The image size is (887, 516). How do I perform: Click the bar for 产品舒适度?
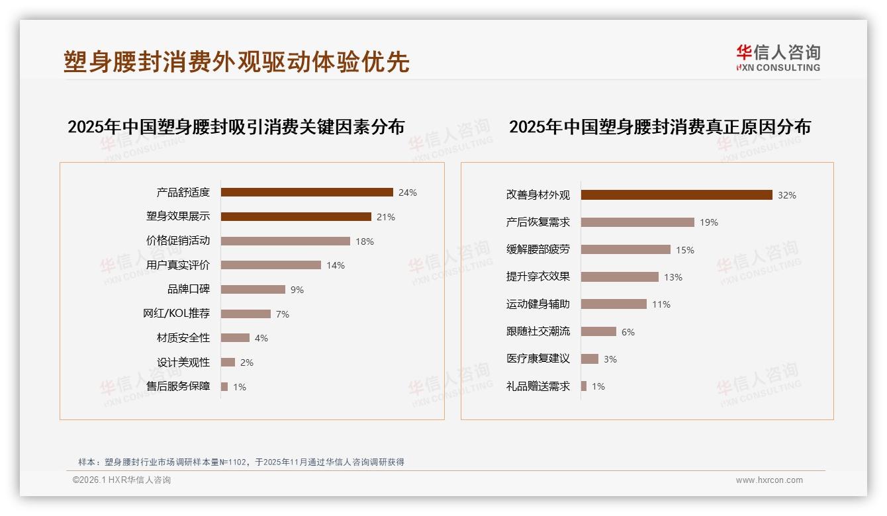pos(306,193)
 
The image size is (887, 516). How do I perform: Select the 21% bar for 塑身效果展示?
pos(296,217)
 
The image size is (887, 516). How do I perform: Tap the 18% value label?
pos(365,241)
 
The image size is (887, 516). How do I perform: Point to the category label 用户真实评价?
pos(178,265)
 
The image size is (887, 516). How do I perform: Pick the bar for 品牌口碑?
pos(253,290)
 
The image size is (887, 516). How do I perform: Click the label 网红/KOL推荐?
pos(177,314)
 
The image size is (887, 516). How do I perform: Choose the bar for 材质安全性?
pos(235,338)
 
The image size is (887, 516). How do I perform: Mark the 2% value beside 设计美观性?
pos(247,363)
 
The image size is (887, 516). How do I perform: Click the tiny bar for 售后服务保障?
pos(224,386)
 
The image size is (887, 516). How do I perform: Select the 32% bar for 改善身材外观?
pos(677,195)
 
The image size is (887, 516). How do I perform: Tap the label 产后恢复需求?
pos(538,222)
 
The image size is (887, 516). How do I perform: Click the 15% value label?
pos(685,250)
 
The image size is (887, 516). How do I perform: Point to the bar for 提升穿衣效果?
pos(620,277)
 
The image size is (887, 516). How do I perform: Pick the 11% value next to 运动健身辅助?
pos(661,304)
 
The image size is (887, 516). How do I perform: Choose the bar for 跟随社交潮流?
pos(598,331)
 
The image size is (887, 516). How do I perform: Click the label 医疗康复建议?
pos(538,359)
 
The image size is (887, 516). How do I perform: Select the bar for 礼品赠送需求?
pos(584,386)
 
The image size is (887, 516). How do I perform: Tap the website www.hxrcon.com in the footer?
pos(769,480)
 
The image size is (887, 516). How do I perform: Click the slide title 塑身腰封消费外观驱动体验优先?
pos(236,62)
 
